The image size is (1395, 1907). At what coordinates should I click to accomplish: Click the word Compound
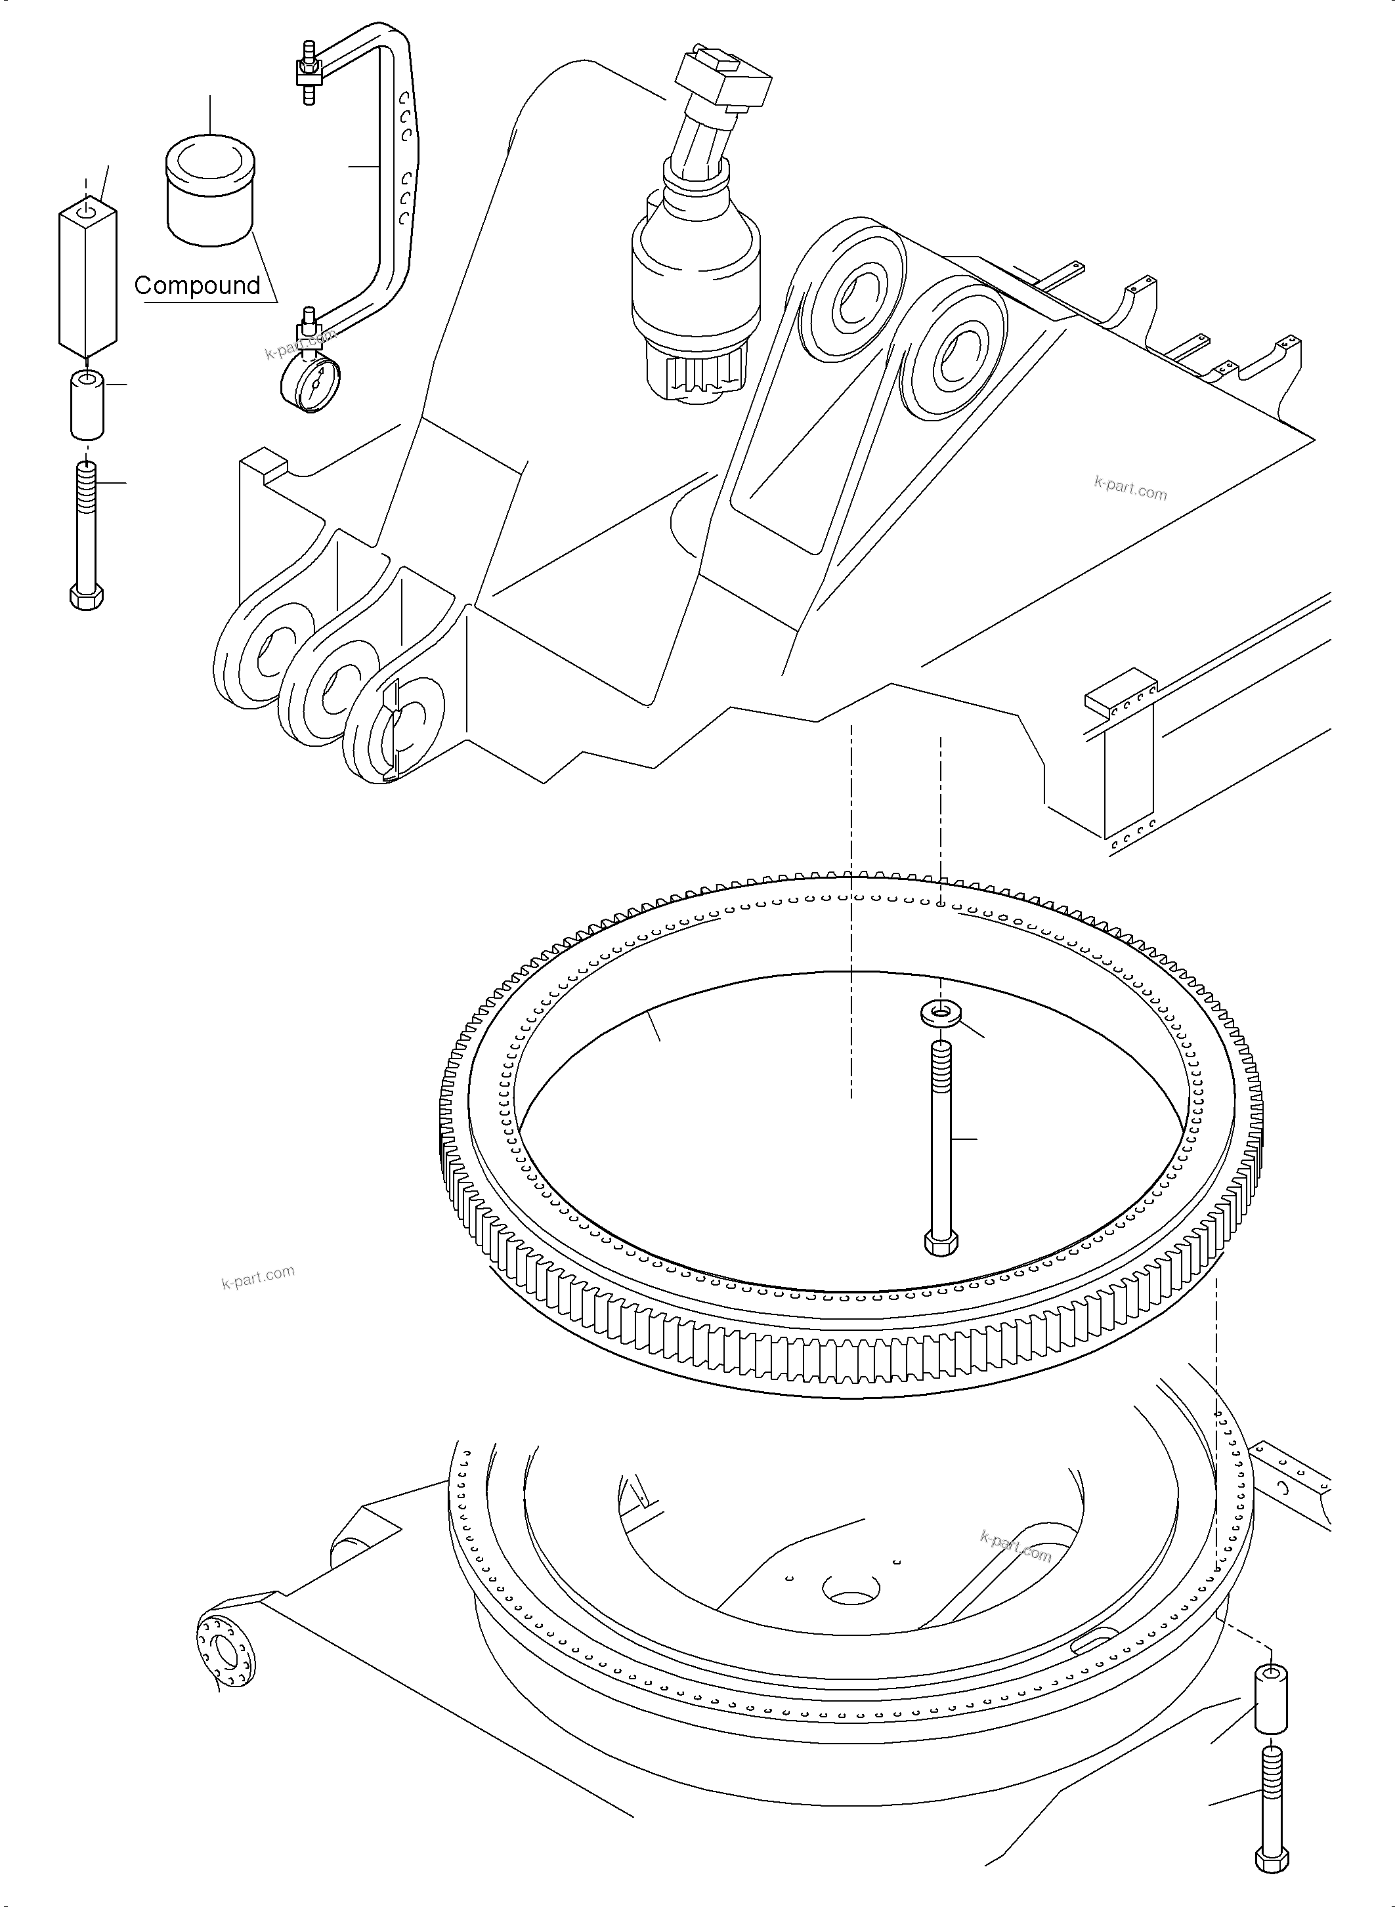click(x=197, y=285)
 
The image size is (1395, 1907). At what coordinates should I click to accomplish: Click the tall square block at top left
click(x=87, y=274)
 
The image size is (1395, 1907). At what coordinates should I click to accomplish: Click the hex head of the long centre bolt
click(x=941, y=1243)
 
